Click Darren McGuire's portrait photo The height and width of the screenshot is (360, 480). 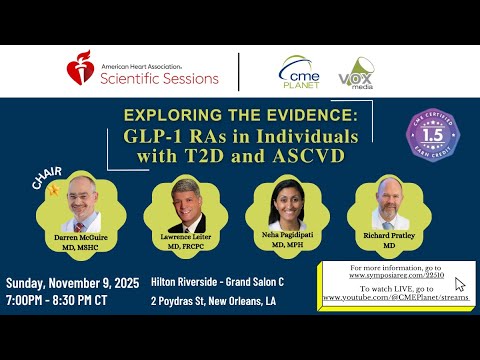83,204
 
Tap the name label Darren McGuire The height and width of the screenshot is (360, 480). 83,239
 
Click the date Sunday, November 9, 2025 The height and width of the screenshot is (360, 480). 71,282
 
